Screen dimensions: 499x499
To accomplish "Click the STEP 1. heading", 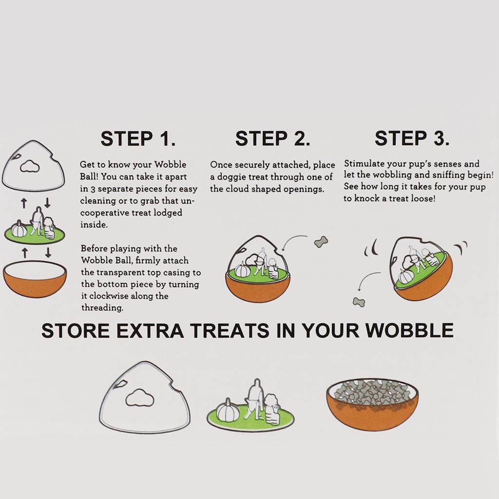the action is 138,139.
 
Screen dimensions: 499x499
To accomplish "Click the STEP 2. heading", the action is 273,139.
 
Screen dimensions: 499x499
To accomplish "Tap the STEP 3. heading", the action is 412,138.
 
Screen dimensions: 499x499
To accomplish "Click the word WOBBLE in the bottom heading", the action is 409,330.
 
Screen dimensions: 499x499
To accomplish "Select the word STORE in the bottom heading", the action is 76,330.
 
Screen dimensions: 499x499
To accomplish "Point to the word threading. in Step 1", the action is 102,308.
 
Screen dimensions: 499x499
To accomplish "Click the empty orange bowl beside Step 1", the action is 35,279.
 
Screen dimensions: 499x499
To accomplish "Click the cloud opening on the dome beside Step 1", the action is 30,166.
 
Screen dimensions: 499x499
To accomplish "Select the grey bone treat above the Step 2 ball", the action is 321,242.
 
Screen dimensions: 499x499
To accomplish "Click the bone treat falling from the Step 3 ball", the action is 359,302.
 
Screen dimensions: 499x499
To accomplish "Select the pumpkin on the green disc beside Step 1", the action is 19,229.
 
